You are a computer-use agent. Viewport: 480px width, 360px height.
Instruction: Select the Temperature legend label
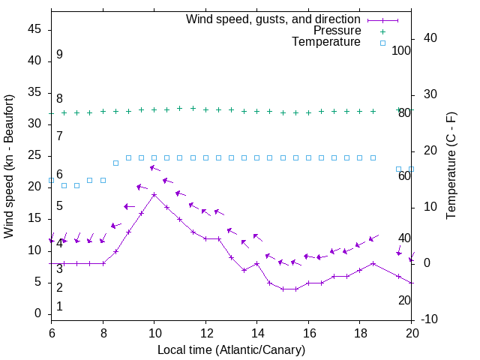326,43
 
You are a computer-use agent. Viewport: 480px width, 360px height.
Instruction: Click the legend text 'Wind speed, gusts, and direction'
274,19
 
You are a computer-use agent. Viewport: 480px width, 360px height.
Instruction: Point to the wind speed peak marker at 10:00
154,195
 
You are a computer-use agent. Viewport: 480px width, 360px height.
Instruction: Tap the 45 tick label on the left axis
34,30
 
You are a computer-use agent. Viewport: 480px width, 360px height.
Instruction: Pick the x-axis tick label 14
257,334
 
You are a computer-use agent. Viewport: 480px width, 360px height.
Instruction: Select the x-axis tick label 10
154,334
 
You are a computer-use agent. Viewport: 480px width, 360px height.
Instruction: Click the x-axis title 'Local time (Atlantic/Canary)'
231,349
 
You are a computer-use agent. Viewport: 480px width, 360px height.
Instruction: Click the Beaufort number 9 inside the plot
59,55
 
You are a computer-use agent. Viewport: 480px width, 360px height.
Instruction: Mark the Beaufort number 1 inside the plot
59,306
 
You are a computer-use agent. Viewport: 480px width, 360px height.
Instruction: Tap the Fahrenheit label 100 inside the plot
401,50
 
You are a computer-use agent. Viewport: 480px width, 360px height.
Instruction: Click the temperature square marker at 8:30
115,163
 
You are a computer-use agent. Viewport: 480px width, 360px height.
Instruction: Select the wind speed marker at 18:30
373,263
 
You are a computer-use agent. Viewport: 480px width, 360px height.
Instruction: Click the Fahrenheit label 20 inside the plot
404,300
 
